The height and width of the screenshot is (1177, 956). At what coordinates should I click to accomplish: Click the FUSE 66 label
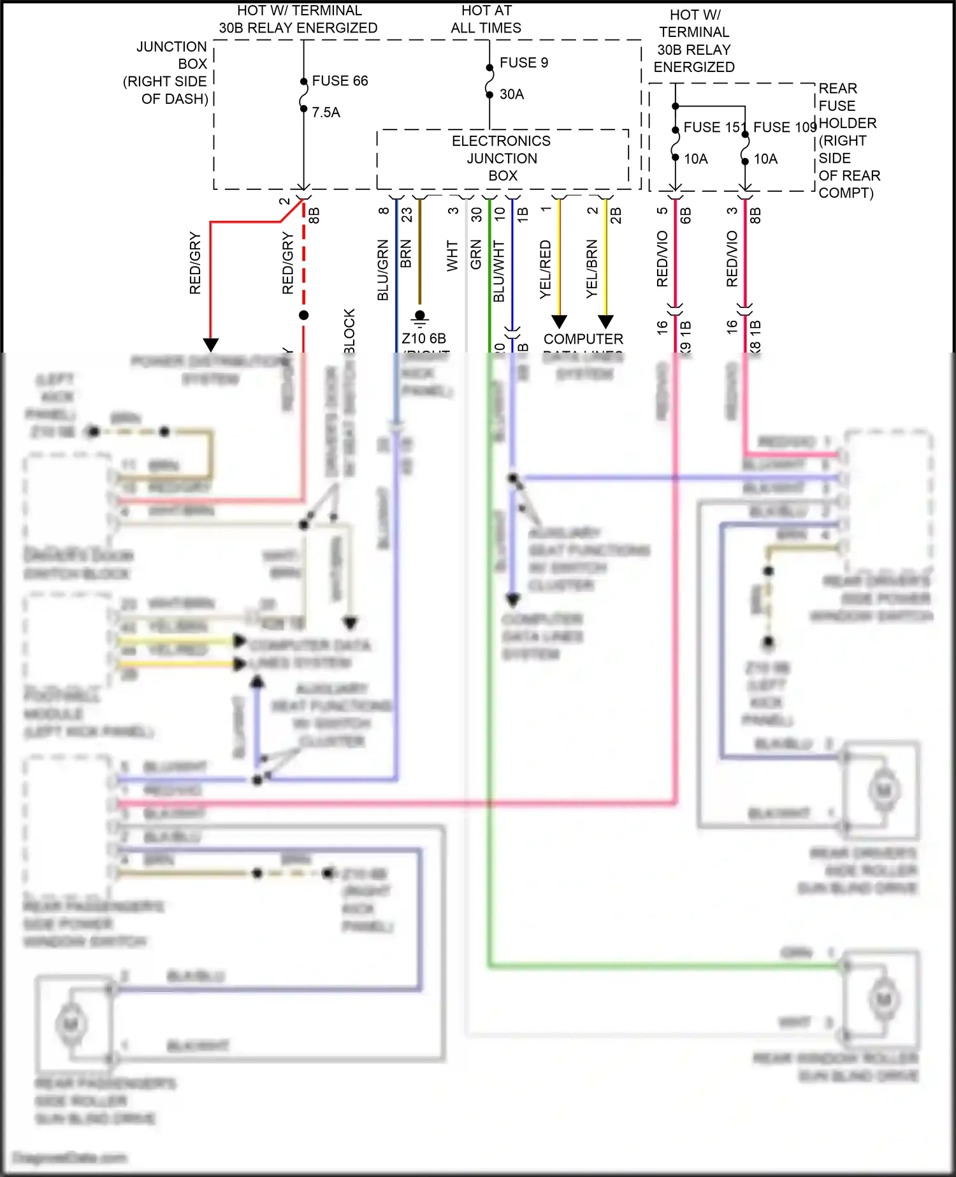[340, 81]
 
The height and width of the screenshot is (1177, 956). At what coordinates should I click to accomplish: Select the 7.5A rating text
[326, 112]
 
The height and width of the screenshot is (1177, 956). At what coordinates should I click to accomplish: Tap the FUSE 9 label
[523, 62]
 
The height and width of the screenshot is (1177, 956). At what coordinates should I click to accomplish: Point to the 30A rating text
[511, 94]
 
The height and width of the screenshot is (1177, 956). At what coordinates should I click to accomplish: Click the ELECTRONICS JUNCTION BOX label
[502, 158]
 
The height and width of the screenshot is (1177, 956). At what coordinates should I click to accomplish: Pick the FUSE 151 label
[711, 128]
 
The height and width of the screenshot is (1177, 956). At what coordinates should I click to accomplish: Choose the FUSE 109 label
[785, 128]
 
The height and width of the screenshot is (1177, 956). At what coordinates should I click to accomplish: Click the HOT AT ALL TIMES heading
[486, 19]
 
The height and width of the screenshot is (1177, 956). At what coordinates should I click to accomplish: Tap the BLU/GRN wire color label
[382, 270]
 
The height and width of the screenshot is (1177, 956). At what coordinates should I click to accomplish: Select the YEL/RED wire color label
[545, 269]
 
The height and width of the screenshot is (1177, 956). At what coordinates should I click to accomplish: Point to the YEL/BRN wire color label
[591, 269]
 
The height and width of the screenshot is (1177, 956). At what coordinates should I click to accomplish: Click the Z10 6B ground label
[423, 338]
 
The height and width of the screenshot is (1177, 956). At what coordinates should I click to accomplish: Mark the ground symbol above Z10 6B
[419, 317]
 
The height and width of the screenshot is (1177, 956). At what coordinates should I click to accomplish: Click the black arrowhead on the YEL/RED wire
[559, 321]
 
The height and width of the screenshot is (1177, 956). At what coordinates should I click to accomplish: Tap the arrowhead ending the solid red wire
[211, 345]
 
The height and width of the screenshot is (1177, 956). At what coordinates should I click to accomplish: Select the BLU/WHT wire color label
[498, 271]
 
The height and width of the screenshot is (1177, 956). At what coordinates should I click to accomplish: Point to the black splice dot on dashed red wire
[304, 315]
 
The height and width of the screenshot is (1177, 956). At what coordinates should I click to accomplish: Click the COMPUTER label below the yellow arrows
[583, 339]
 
